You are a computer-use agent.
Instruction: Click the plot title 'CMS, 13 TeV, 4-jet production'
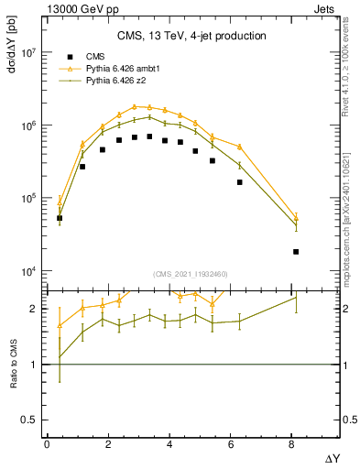click(x=191, y=37)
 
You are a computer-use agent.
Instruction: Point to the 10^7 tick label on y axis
click(x=26, y=53)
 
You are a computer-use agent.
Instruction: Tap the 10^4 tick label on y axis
click(x=26, y=271)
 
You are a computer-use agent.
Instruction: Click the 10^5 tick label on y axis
click(x=26, y=199)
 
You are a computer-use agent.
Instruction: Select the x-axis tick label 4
click(x=169, y=444)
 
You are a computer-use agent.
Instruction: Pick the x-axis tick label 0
click(x=47, y=444)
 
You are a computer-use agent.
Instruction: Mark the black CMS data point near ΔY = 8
click(x=296, y=251)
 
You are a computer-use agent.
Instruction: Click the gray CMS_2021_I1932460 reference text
click(x=191, y=274)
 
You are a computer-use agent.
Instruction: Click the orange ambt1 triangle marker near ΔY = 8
click(x=296, y=215)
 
